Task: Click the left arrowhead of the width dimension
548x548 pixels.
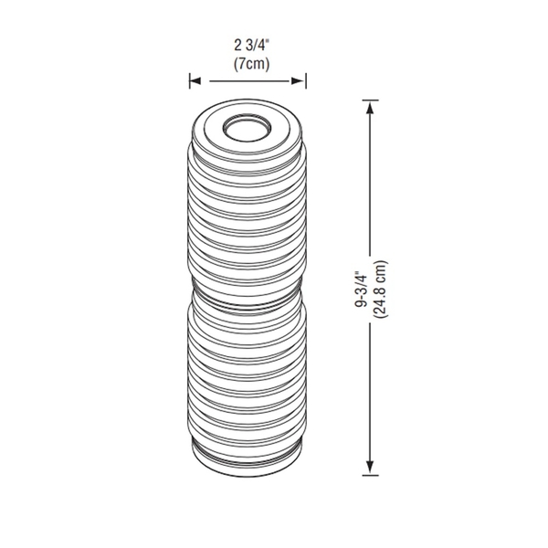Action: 195,81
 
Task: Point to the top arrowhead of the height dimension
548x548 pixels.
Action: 370,106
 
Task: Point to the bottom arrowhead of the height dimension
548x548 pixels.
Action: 370,468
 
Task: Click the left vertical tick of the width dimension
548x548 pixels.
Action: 189,81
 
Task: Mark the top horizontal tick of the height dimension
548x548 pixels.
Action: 370,100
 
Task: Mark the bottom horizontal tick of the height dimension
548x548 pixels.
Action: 370,474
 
